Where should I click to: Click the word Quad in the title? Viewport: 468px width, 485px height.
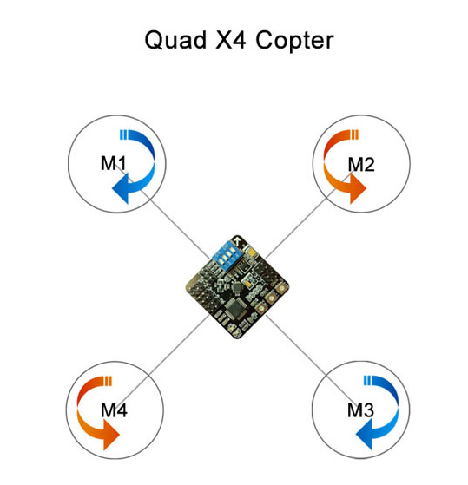coord(175,40)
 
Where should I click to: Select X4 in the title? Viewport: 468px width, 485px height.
coord(231,39)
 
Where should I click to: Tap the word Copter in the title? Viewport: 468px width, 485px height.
coord(294,41)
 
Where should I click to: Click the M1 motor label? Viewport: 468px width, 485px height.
coord(113,163)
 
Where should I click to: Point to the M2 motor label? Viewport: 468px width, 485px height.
coord(361,164)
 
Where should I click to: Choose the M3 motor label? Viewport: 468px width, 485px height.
coord(360,410)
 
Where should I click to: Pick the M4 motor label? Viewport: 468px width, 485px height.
coord(114,410)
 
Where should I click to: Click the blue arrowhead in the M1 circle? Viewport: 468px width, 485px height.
coord(121,188)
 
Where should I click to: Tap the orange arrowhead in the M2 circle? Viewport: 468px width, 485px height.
coord(358,188)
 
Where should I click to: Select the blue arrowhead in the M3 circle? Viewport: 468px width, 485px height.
coord(365,435)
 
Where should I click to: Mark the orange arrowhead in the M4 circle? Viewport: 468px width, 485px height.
coord(111,435)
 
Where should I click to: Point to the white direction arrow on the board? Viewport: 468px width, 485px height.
coord(238,240)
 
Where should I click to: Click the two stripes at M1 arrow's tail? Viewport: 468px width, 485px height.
coord(123,134)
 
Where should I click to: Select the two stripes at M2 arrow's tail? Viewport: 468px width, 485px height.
coord(355,134)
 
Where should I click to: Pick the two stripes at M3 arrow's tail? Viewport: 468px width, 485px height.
coord(367,381)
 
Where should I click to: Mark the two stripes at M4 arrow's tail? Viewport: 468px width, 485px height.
coord(108,381)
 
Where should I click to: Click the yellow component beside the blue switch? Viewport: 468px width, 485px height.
coord(251,252)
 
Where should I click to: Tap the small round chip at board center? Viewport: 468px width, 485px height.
coord(237,287)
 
